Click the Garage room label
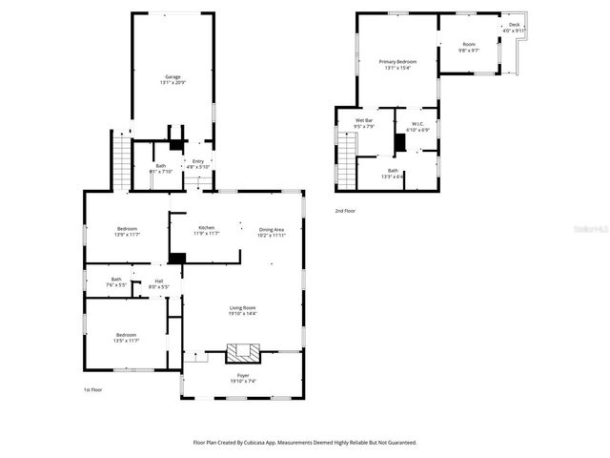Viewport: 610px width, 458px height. pos(173,77)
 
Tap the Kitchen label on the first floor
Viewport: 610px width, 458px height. pos(206,228)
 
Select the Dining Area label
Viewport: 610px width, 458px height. pos(272,229)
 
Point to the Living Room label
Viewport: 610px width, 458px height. pos(242,307)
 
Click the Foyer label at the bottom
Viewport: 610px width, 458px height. pos(242,376)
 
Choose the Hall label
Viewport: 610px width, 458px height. pos(160,281)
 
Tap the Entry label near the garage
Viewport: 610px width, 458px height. pos(198,161)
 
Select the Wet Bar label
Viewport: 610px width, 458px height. pos(363,120)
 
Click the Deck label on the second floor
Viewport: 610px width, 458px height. pos(514,25)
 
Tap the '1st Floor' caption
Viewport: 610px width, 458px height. pos(93,389)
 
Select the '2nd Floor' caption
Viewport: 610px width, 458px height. pos(345,210)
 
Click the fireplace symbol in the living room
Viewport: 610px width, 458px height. pos(242,353)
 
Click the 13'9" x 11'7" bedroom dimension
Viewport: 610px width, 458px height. pos(127,234)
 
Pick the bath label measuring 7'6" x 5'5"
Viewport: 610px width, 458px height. pos(115,280)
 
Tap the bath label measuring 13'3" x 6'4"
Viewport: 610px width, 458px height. pos(366,171)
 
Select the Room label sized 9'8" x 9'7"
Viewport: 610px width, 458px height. pos(468,45)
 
